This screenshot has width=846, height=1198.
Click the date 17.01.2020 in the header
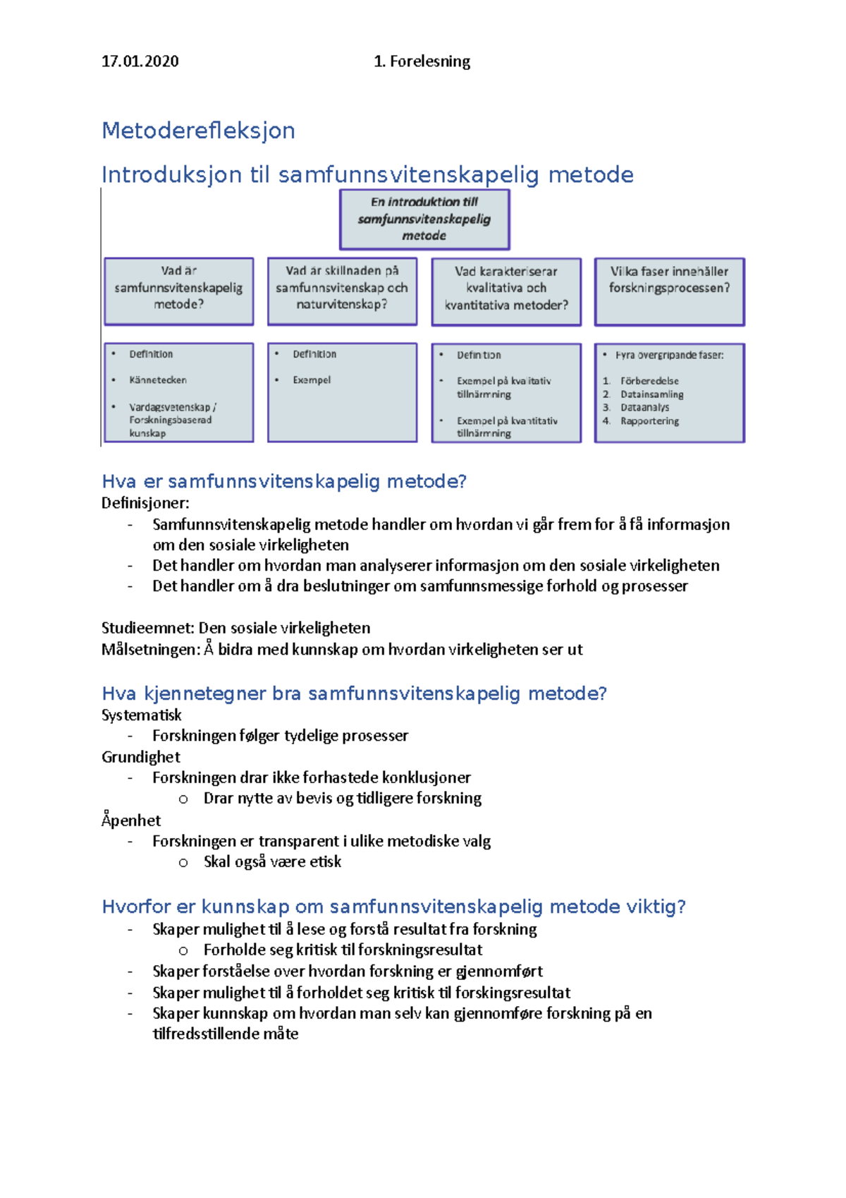coord(140,61)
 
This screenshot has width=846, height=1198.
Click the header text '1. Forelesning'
coord(422,61)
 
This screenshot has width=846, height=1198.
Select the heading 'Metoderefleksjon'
coord(198,131)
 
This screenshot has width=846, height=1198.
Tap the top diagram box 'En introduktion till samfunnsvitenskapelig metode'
coord(424,219)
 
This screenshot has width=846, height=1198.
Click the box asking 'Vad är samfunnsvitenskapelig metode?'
coord(178,291)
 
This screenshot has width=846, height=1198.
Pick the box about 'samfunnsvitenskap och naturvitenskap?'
coord(342,291)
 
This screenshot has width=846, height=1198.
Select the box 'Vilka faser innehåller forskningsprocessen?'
coord(669,291)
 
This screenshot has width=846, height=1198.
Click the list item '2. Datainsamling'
coord(651,394)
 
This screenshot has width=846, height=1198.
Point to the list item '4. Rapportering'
coord(649,421)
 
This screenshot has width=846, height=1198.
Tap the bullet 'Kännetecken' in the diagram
coord(158,380)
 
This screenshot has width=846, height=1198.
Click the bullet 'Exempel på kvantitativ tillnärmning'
coord(506,427)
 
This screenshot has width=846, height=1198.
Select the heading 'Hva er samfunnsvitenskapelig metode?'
coord(284,482)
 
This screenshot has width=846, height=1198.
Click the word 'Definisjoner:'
coord(145,503)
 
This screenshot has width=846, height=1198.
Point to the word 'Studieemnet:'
coord(147,628)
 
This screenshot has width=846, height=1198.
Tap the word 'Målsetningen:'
coord(151,649)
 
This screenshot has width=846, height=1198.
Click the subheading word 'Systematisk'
coord(141,715)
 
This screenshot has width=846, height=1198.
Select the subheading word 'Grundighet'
coord(140,757)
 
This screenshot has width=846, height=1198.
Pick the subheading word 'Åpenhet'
coord(131,820)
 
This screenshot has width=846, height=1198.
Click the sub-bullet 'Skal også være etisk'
coord(272,861)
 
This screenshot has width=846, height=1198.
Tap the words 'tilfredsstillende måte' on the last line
coord(225,1034)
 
